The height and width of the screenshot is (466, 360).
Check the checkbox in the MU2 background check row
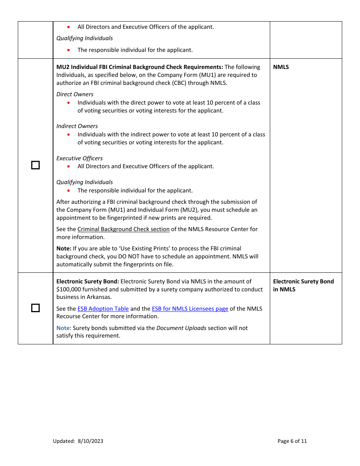(x=35, y=165)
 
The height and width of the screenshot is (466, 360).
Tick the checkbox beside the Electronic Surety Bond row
(x=35, y=308)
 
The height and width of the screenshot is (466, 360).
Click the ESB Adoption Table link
(x=103, y=309)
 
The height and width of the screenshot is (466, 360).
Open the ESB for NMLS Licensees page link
(x=190, y=309)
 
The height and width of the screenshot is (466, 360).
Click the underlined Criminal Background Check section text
(x=124, y=229)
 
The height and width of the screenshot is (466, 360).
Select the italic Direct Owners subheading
(x=75, y=94)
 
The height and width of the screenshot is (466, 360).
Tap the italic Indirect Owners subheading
(x=77, y=126)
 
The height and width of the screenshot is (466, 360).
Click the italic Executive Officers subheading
(x=80, y=158)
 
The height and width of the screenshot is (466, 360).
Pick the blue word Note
(x=63, y=328)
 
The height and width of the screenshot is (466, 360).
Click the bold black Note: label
(x=64, y=249)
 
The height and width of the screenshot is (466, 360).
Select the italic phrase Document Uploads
(x=181, y=328)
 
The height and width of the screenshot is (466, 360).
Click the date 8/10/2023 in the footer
(x=91, y=441)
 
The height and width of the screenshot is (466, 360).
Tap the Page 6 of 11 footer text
(x=292, y=441)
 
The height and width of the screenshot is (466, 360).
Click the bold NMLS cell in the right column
(x=281, y=67)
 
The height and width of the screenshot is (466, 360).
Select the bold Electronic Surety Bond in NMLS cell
(x=303, y=285)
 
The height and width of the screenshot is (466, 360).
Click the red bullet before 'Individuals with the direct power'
(x=69, y=103)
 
